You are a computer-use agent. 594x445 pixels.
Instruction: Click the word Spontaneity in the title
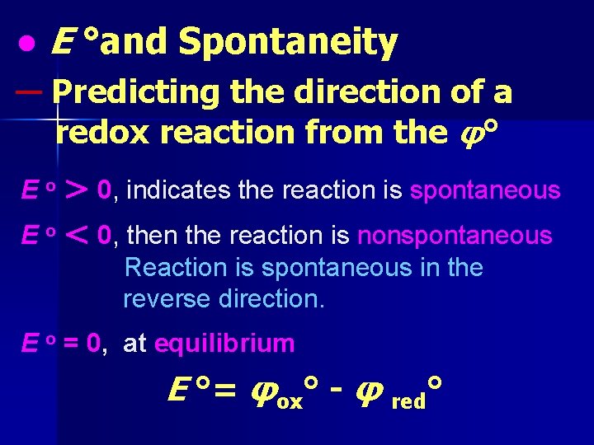click(288, 42)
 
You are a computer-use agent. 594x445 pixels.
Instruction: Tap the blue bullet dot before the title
click(28, 44)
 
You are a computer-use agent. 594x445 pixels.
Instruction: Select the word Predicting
click(136, 92)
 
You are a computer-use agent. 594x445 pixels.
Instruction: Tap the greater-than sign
click(77, 190)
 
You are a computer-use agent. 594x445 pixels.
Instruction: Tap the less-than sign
click(77, 236)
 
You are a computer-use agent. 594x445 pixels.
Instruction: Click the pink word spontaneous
click(485, 191)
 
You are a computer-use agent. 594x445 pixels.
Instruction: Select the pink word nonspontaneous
click(455, 237)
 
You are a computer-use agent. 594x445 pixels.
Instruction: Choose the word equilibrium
click(224, 344)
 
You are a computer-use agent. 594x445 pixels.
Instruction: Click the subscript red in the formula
click(409, 401)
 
